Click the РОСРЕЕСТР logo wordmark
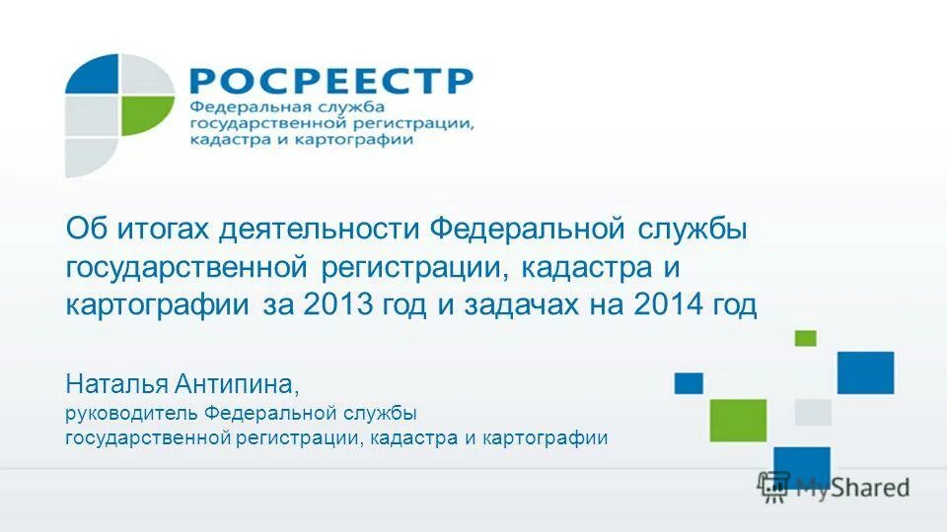click(x=329, y=81)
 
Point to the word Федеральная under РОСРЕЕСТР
click(x=240, y=106)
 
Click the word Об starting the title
click(x=85, y=231)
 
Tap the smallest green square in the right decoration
click(x=806, y=338)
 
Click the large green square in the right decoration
click(x=738, y=420)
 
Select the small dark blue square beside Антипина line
click(x=689, y=383)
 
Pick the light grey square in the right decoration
click(x=814, y=412)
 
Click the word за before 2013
click(x=280, y=304)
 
